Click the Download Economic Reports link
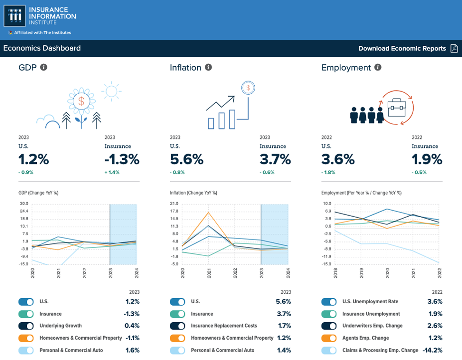[402, 48]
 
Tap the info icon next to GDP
[44, 67]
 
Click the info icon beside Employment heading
[378, 67]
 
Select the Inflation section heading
[185, 67]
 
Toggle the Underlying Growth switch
[26, 326]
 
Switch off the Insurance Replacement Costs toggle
[177, 326]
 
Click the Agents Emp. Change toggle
[329, 338]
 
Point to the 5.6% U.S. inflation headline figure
[186, 159]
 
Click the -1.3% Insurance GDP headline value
[122, 159]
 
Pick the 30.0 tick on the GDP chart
[24, 203]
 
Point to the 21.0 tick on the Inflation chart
[174, 203]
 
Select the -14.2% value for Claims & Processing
[431, 350]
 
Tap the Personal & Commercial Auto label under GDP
[71, 350]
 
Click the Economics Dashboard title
[42, 48]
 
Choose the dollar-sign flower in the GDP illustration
[81, 101]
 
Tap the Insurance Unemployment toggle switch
[329, 314]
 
